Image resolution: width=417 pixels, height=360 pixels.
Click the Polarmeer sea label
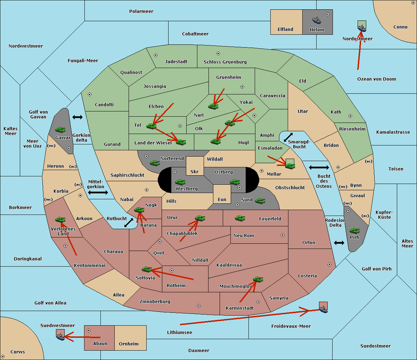click(x=141, y=11)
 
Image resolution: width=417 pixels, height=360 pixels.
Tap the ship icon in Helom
click(x=317, y=20)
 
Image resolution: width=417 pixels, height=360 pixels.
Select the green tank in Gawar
click(x=60, y=129)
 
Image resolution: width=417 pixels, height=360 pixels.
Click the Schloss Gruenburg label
click(x=225, y=62)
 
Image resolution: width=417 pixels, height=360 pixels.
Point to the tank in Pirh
click(x=354, y=231)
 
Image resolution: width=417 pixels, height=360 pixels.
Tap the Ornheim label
click(x=129, y=344)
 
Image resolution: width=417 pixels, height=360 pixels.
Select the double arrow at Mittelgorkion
click(x=98, y=193)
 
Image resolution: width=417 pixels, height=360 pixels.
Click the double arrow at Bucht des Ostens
click(x=319, y=168)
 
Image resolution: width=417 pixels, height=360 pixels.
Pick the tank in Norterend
click(x=155, y=163)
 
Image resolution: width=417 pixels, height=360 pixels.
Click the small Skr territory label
click(x=195, y=171)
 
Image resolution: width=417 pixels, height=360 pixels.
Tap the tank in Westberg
click(x=180, y=182)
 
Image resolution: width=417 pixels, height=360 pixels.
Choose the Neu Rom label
click(x=244, y=235)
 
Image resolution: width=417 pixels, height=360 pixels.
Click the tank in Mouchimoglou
click(x=258, y=279)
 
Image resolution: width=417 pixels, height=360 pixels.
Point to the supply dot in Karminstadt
click(x=258, y=302)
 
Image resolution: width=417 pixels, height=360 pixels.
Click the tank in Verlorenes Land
click(x=60, y=219)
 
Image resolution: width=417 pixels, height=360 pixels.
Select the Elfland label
click(x=285, y=30)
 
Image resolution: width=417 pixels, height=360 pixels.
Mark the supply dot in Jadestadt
click(x=156, y=55)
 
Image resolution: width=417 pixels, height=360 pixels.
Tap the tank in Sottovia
click(x=147, y=269)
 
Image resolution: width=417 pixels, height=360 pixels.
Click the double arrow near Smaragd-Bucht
click(x=288, y=137)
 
